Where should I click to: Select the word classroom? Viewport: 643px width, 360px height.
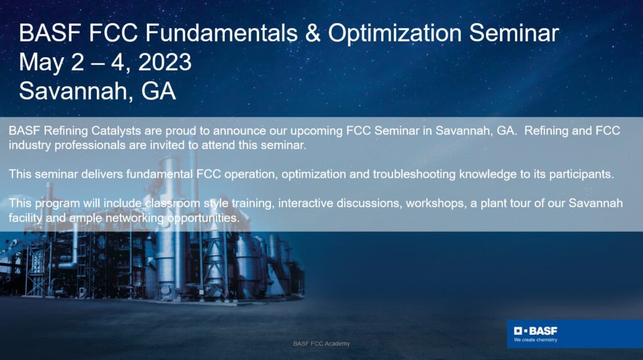(x=158, y=203)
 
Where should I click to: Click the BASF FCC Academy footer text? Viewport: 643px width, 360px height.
(x=321, y=344)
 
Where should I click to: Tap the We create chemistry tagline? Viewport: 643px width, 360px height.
(x=535, y=340)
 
